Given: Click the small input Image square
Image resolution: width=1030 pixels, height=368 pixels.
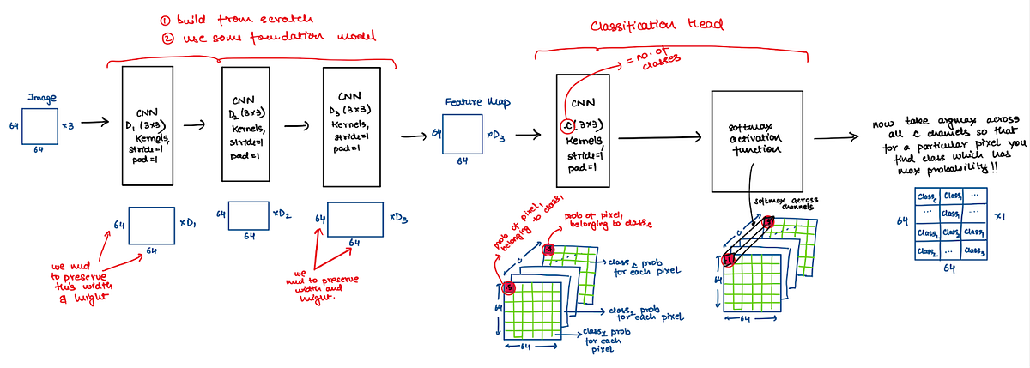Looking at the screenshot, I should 40,125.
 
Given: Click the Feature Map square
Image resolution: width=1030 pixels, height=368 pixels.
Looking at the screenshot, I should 463,136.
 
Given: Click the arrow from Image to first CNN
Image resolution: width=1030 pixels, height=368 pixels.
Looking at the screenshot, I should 97,123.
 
